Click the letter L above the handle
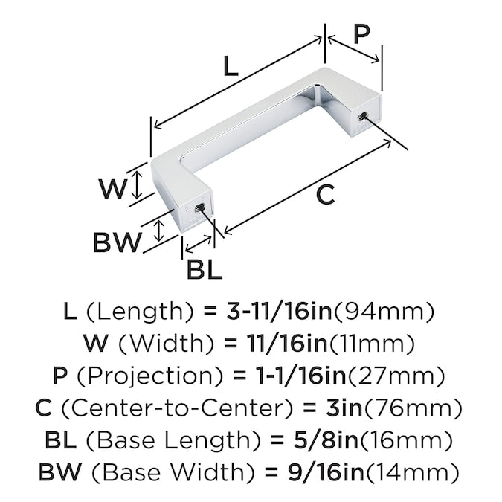click(x=231, y=66)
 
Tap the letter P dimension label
click(x=361, y=34)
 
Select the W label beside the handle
click(x=113, y=189)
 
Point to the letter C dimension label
click(x=325, y=195)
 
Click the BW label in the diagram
click(x=117, y=242)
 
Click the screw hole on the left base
click(x=199, y=208)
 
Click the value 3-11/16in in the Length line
click(x=279, y=311)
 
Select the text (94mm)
click(x=384, y=312)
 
